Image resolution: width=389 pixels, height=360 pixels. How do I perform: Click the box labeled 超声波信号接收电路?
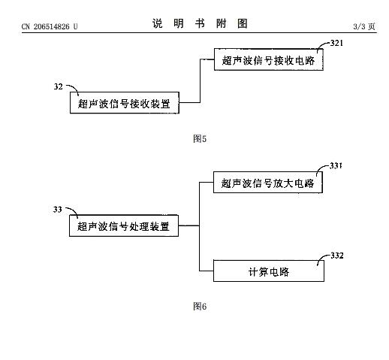click(x=269, y=59)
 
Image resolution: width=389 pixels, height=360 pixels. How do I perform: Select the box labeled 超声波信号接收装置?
click(x=125, y=103)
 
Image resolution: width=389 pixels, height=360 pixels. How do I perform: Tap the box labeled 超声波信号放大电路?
click(x=268, y=182)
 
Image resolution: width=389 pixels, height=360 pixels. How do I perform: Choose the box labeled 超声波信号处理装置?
click(x=124, y=225)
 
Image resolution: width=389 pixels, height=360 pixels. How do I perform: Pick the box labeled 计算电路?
click(x=269, y=271)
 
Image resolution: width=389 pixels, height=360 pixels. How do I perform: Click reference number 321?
click(x=336, y=43)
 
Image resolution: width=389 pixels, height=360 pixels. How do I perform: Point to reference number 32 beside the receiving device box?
click(x=58, y=86)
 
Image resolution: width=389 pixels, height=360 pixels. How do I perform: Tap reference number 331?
click(x=336, y=166)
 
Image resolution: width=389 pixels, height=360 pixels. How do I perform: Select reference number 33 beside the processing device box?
click(x=57, y=210)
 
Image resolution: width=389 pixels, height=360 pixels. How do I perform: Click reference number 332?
click(x=337, y=256)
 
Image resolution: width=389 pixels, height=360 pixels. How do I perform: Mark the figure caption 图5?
click(x=200, y=138)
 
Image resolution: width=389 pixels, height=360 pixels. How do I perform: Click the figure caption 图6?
click(x=200, y=306)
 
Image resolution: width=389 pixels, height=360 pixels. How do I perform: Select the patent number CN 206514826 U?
click(x=50, y=26)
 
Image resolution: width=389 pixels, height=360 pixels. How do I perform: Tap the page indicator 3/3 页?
click(x=364, y=26)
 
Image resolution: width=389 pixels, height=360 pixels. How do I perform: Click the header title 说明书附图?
click(x=200, y=23)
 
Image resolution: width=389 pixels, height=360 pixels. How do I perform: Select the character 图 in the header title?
click(x=243, y=23)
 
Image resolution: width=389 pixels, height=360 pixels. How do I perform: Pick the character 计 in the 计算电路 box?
click(x=253, y=272)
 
